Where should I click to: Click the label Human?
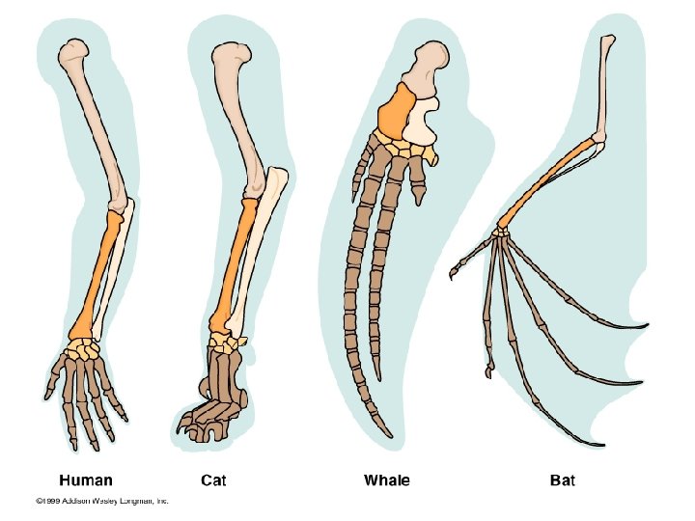click(86, 480)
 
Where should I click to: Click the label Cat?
click(213, 480)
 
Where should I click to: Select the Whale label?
click(386, 480)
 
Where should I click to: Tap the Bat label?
click(562, 480)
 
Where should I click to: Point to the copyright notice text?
click(102, 501)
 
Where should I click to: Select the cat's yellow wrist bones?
click(230, 340)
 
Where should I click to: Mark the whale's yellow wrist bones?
click(396, 148)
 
